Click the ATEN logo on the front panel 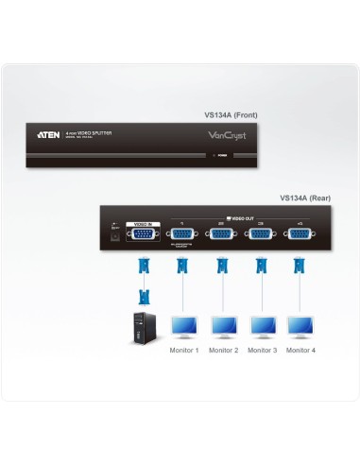49,135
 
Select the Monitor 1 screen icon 183,325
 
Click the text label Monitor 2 223,350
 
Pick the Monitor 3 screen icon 262,325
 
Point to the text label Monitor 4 300,350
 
